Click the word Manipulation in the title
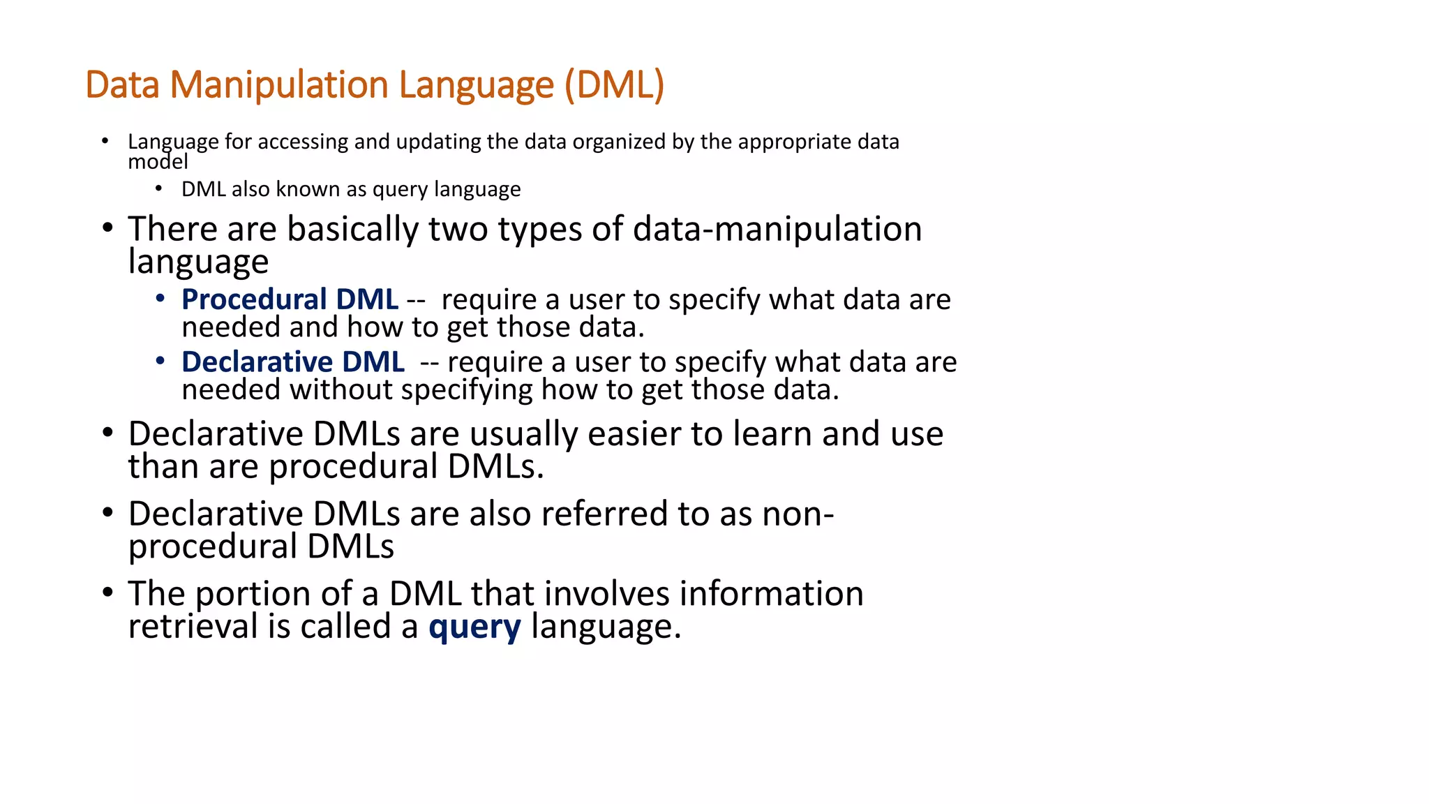[279, 85]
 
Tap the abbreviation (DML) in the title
[614, 85]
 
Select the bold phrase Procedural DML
[290, 299]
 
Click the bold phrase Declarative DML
[293, 362]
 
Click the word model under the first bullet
[158, 163]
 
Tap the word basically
[352, 229]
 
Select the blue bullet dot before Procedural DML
[160, 299]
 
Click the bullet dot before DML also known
[159, 188]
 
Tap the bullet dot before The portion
[107, 593]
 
